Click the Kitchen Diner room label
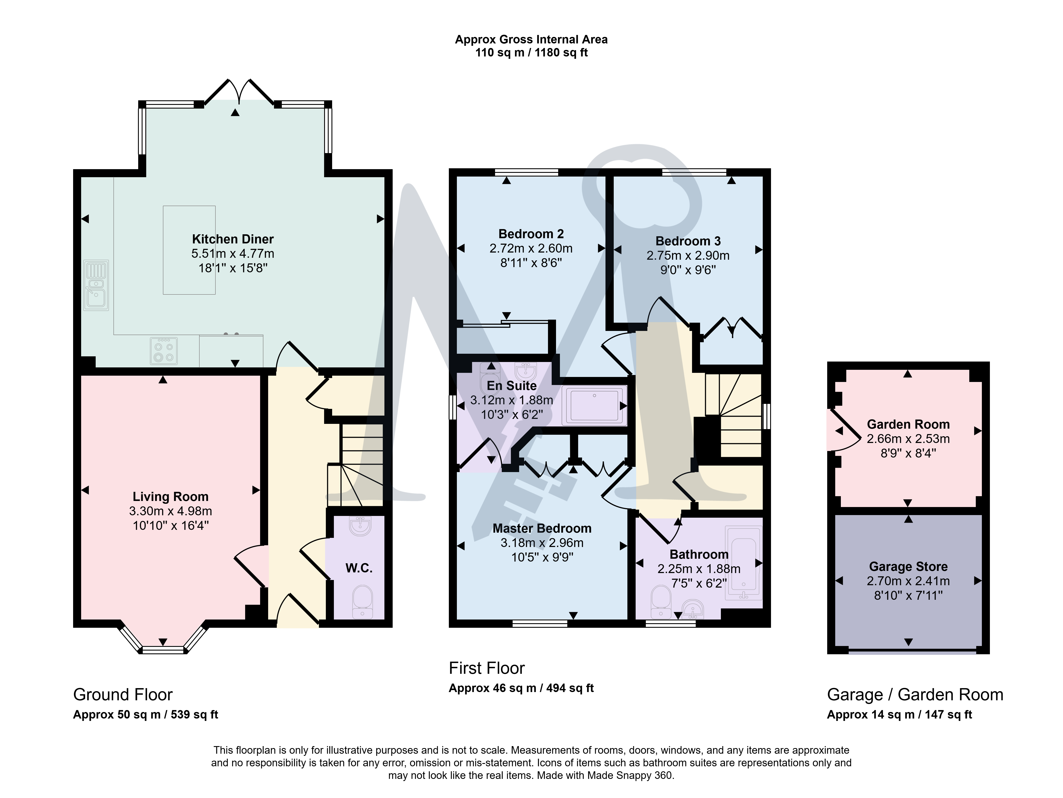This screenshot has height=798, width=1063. (x=233, y=239)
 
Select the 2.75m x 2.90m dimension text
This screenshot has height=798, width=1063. (x=688, y=255)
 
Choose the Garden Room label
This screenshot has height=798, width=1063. (x=908, y=424)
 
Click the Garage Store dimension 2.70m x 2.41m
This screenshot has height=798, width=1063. (x=908, y=581)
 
